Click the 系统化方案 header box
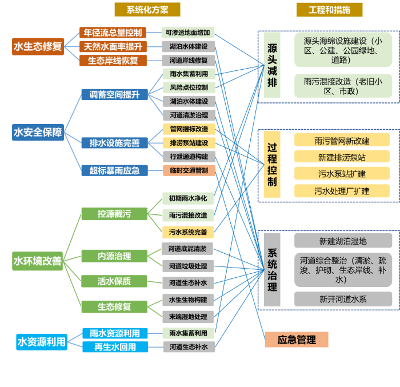coord(147,10)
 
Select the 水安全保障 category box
coord(38,133)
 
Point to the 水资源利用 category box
coord(42,342)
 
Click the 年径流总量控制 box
coord(113,33)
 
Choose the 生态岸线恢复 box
coord(113,60)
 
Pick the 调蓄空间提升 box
coord(114,94)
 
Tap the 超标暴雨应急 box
coord(114,170)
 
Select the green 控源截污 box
coord(114,214)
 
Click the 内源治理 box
coord(114,256)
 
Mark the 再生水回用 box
coord(114,346)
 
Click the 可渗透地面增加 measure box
coord(188,33)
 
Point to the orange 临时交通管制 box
coord(189,170)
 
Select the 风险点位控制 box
coord(189,87)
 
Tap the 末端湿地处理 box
coord(189,316)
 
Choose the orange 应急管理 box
coord(297,340)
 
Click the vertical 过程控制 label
coord(272,165)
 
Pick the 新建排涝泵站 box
coord(342,157)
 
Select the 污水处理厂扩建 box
coord(342,191)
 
